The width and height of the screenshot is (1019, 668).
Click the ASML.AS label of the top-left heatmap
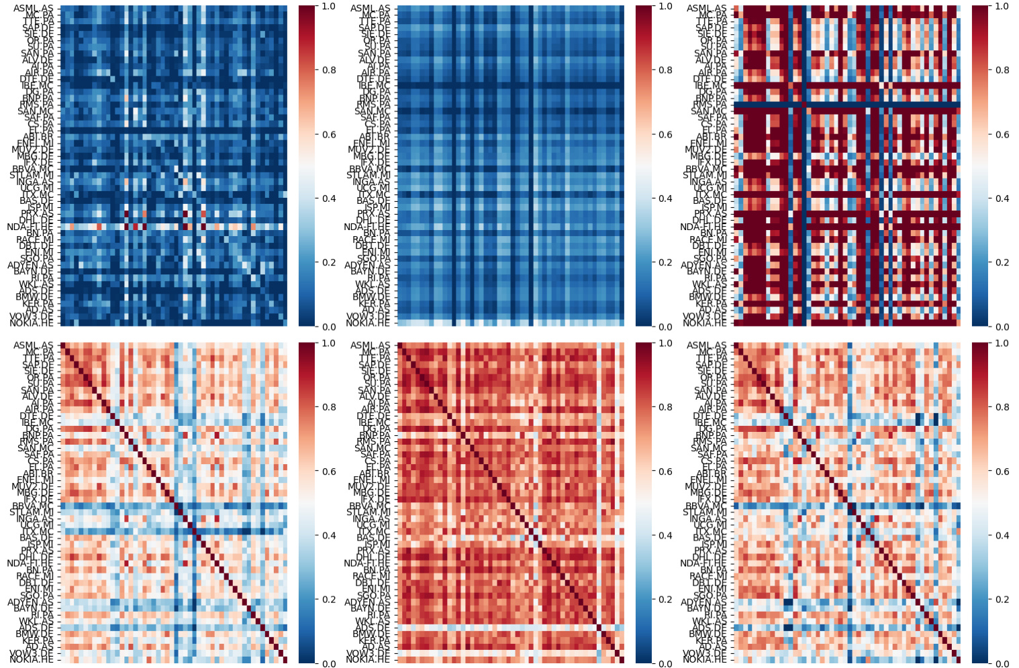(x=34, y=9)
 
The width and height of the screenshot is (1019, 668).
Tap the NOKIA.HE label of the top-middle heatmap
(x=368, y=323)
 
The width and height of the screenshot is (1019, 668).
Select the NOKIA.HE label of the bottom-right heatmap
(x=705, y=660)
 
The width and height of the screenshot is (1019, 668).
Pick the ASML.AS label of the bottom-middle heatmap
(x=371, y=345)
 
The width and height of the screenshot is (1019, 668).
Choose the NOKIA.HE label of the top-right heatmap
(x=705, y=323)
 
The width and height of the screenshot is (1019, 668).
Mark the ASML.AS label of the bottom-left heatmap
(x=34, y=345)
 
